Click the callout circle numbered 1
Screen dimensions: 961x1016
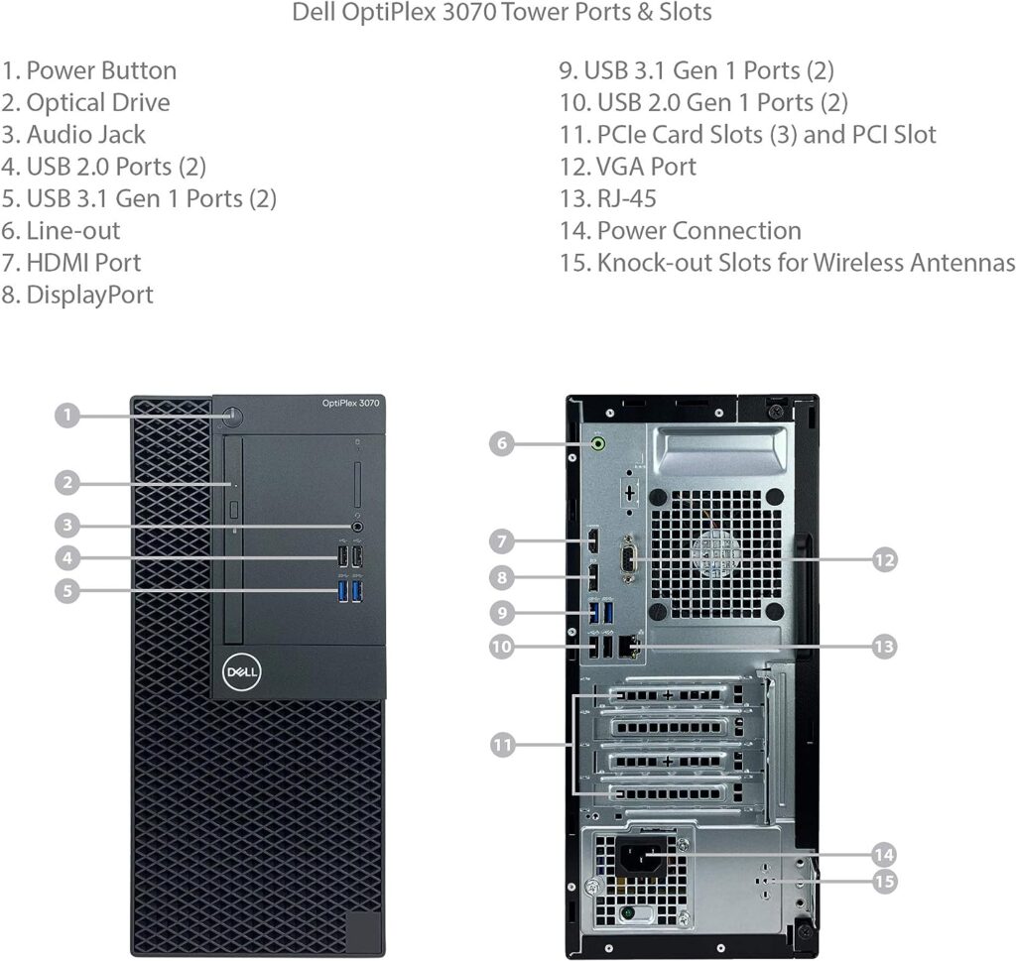66,415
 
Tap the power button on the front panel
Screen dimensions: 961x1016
233,416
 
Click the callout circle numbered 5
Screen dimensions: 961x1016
66,590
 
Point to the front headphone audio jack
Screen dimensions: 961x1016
356,527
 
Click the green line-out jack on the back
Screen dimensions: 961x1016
598,445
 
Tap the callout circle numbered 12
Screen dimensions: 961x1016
884,559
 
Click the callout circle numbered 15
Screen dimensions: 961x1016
884,881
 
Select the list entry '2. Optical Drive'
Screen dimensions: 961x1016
85,103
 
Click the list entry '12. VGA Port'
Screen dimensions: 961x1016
627,167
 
